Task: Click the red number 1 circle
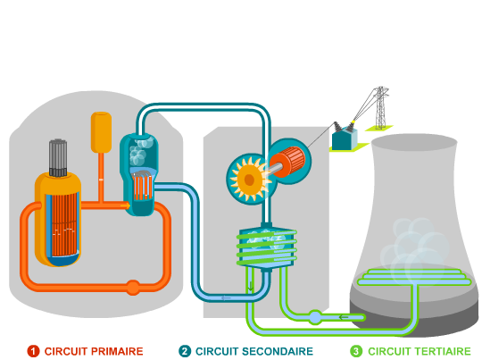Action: [x=33, y=351]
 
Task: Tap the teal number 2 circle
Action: [x=185, y=351]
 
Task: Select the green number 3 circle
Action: [x=356, y=351]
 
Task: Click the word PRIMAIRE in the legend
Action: [x=117, y=351]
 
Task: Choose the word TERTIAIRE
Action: [x=444, y=351]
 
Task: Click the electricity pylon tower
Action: [x=380, y=108]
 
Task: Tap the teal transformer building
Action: [x=345, y=139]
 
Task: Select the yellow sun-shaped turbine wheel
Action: [x=249, y=180]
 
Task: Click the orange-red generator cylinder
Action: [x=288, y=162]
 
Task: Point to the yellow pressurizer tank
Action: [x=101, y=132]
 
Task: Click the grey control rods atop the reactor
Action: [x=58, y=158]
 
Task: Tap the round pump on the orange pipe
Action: [x=133, y=288]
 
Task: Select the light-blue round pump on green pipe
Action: [x=315, y=317]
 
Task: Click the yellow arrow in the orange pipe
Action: [x=125, y=205]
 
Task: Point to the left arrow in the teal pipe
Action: [x=226, y=297]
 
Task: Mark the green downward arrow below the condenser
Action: [x=251, y=286]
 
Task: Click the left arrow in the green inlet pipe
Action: [x=344, y=317]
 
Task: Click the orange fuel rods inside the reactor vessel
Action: [x=64, y=224]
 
